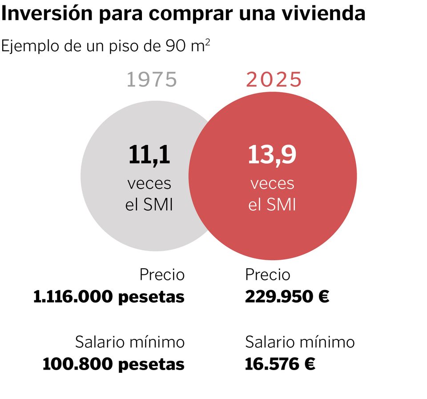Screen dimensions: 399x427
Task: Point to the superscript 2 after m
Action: [208, 42]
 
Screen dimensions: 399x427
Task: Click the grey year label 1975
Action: [152, 80]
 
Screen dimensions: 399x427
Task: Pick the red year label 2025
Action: [274, 80]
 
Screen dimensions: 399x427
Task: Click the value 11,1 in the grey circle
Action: [149, 155]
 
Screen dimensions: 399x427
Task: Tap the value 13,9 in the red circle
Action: [272, 155]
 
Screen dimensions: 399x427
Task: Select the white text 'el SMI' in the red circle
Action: [272, 206]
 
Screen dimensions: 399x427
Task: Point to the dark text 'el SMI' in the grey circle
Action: [149, 206]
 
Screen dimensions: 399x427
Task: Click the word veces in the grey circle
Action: [149, 183]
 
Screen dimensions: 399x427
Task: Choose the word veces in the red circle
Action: [272, 183]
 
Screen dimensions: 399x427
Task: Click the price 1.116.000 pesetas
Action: [109, 297]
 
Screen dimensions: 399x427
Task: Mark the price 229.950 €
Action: [287, 297]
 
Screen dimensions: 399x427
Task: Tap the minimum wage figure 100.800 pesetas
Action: [113, 364]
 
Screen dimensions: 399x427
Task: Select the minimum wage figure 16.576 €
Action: [280, 364]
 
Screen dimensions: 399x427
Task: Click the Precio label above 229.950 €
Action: [268, 275]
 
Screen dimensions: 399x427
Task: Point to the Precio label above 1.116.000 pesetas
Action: [162, 275]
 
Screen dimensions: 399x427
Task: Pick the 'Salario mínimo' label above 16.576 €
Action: [300, 342]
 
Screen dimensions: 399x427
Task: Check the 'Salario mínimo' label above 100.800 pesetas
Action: [130, 342]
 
